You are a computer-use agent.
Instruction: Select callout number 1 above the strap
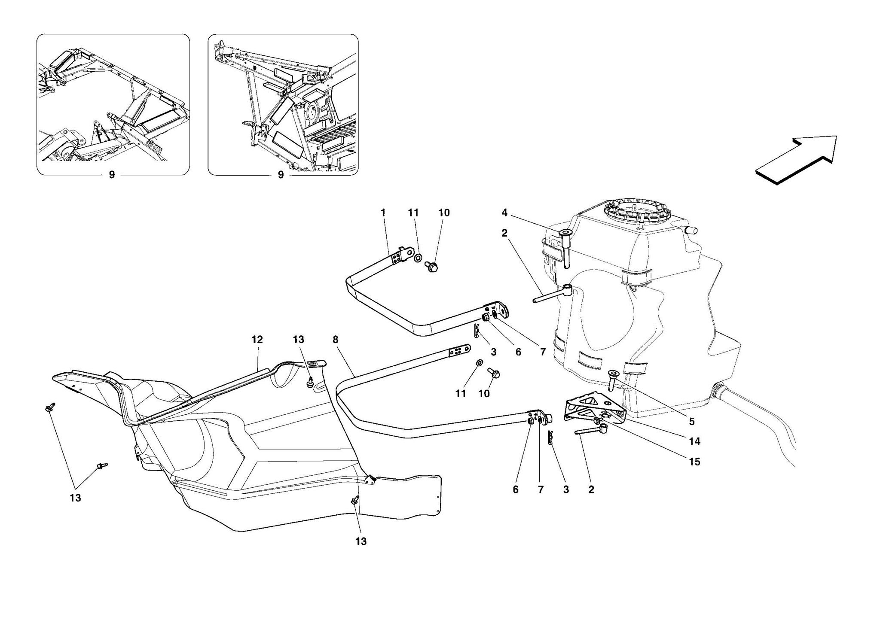[x=383, y=213]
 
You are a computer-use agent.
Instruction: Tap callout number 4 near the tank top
[x=504, y=213]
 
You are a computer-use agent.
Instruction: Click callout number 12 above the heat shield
[x=257, y=340]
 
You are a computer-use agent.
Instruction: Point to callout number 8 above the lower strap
[x=335, y=340]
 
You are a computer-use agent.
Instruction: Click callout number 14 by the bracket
[x=694, y=441]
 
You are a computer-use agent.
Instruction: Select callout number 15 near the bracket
[x=694, y=462]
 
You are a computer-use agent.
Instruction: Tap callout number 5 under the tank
[x=692, y=422]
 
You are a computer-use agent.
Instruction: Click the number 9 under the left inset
[x=112, y=175]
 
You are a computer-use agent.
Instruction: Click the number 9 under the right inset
[x=281, y=175]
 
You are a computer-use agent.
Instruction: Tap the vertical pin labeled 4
[x=565, y=249]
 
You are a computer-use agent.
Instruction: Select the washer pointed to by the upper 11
[x=418, y=258]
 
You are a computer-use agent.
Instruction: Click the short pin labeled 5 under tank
[x=612, y=381]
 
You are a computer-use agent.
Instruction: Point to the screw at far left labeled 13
[x=50, y=408]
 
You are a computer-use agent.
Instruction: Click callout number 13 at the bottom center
[x=361, y=541]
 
